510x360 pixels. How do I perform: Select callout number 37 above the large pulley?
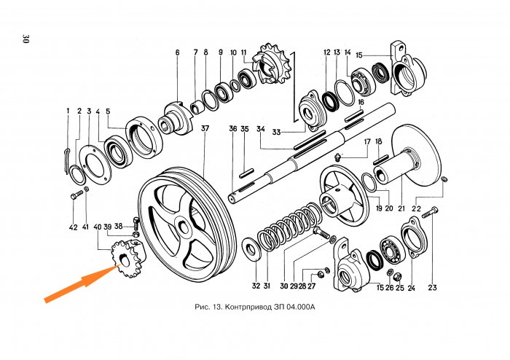click(x=205, y=129)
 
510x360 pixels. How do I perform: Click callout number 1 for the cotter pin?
click(x=68, y=111)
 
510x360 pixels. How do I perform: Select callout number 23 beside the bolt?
click(x=432, y=288)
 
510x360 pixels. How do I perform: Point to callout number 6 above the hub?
click(x=176, y=52)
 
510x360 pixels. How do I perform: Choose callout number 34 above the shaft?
click(x=260, y=130)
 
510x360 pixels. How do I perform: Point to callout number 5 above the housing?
click(x=108, y=111)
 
